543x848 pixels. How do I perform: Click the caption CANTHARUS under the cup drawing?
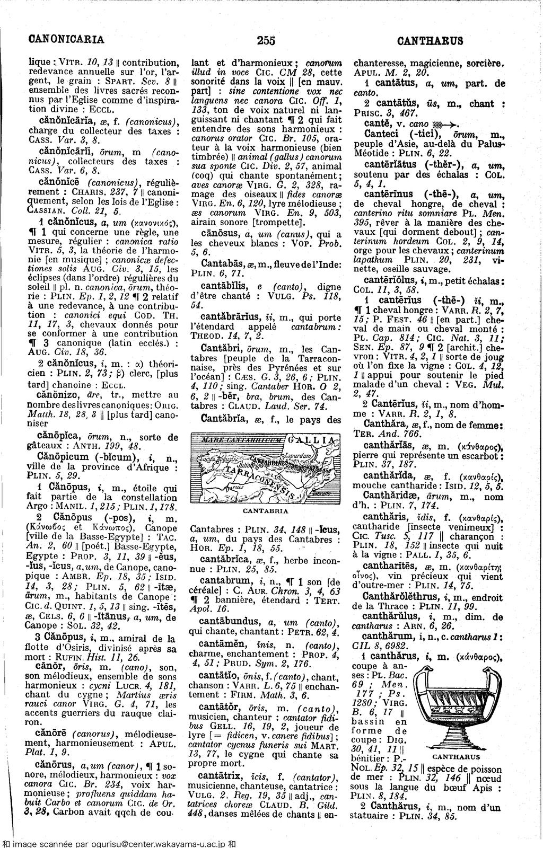(x=457, y=757)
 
